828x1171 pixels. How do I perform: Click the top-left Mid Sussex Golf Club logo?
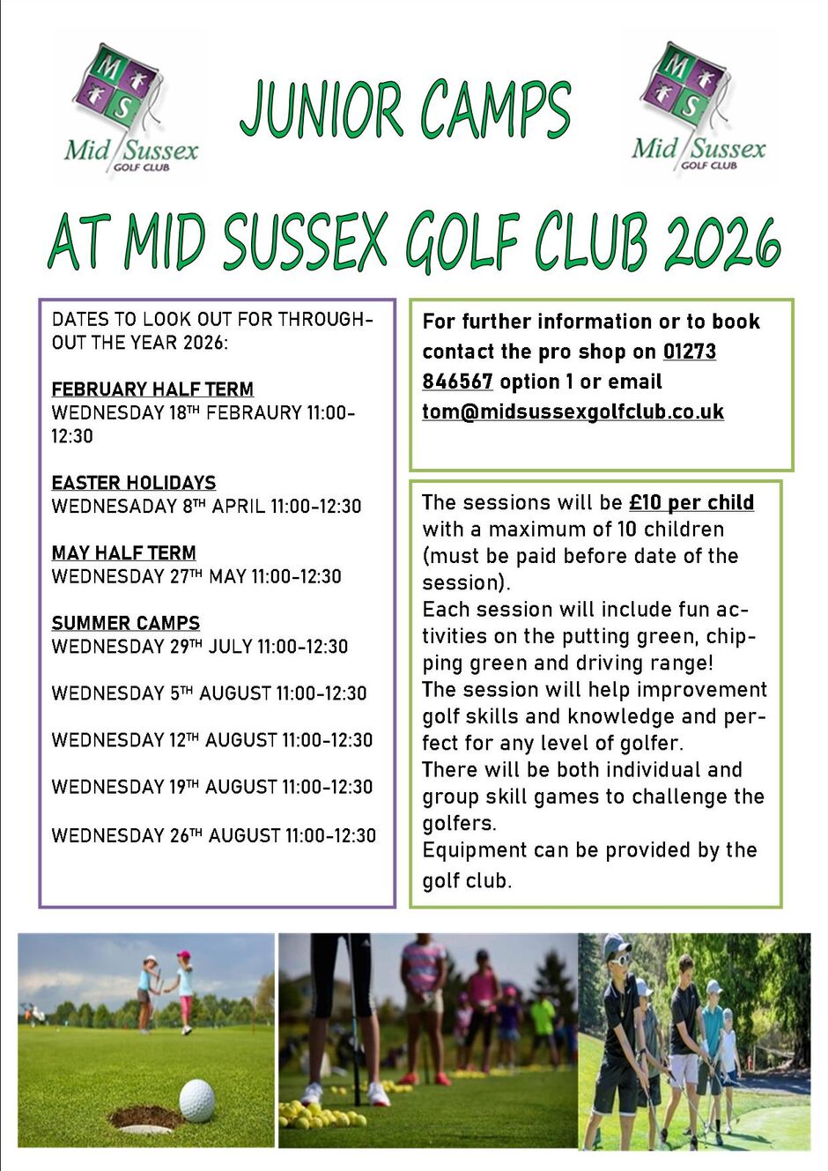click(x=130, y=107)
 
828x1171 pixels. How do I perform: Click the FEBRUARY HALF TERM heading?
click(x=152, y=389)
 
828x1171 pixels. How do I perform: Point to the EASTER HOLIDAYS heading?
click(x=134, y=483)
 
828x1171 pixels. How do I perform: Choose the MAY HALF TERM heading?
click(x=124, y=553)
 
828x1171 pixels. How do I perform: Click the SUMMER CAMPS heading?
click(x=126, y=624)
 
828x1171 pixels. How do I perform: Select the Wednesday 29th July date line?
click(x=200, y=647)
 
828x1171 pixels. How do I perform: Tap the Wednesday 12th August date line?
click(x=212, y=740)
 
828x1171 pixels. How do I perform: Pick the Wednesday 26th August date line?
click(x=214, y=835)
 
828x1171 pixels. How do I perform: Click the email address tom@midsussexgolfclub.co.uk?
click(x=573, y=411)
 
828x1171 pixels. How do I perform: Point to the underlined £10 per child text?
click(x=691, y=503)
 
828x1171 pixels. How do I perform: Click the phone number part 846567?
click(x=457, y=382)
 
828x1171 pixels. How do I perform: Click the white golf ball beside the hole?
click(x=196, y=1101)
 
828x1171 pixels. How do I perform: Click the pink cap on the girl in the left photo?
click(x=183, y=955)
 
